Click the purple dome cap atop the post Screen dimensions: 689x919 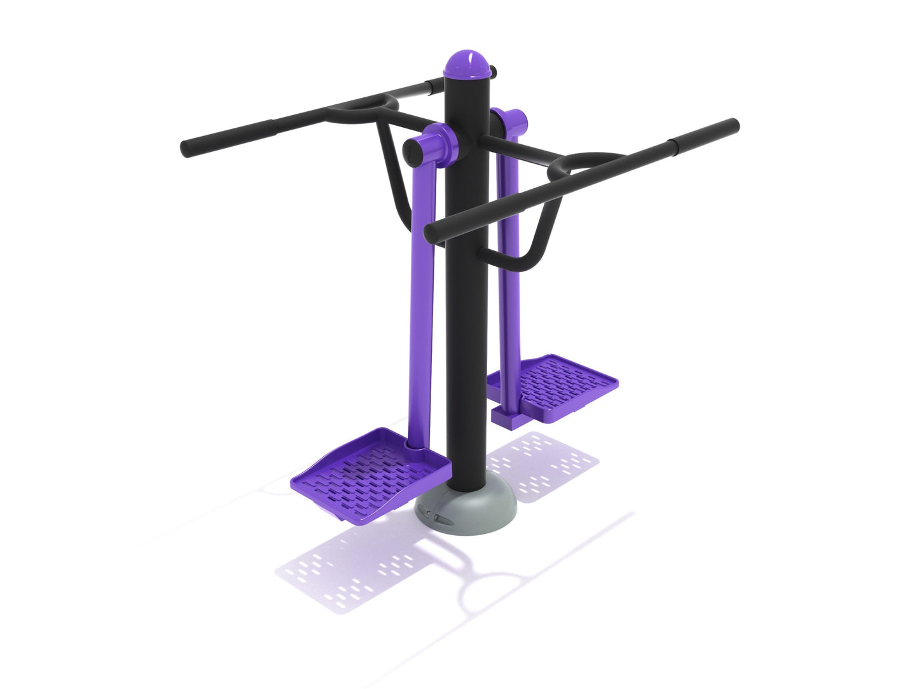(469, 64)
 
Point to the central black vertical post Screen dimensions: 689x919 (467, 286)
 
